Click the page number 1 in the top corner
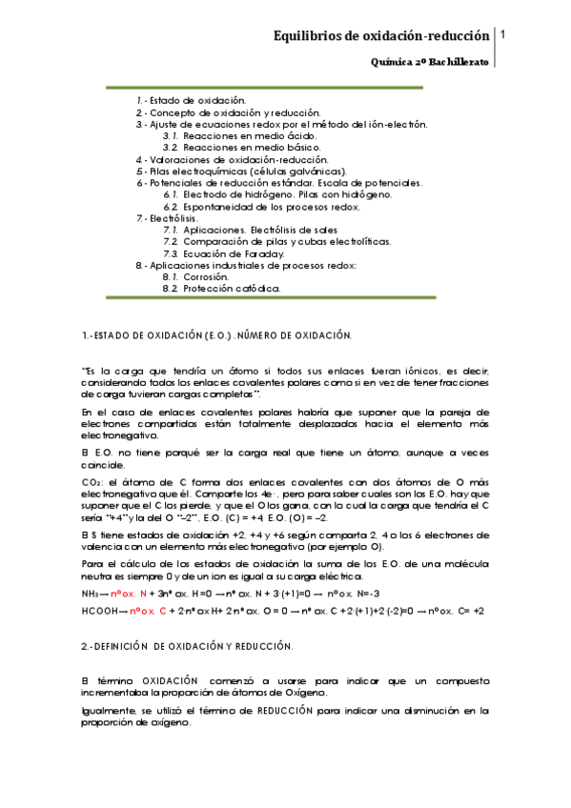pos(502,34)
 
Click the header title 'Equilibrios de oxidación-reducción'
pos(381,36)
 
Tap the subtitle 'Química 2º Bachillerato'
pos(430,61)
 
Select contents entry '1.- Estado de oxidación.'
pos(191,99)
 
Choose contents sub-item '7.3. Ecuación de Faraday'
pos(223,253)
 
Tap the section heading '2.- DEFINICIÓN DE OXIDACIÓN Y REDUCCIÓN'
pos(187,646)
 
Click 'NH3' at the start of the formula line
pos(94,592)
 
